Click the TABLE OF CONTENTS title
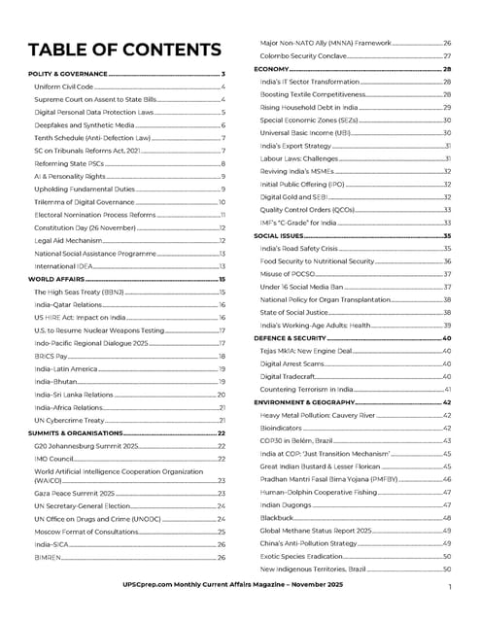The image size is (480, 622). (x=124, y=51)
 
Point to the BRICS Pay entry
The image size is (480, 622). (x=51, y=357)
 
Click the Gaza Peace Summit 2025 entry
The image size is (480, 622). (x=76, y=494)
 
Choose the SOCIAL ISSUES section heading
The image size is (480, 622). (x=282, y=235)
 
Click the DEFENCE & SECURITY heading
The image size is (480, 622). (x=293, y=337)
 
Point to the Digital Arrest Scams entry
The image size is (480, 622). (x=295, y=363)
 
